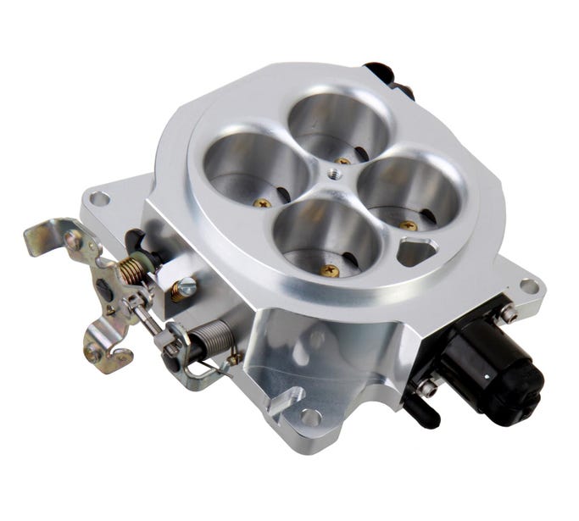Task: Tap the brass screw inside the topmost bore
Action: coord(342,160)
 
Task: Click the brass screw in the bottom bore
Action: coord(330,271)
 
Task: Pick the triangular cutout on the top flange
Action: coord(416,251)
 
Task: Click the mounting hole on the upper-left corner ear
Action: coord(99,199)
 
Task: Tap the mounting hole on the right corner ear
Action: coord(529,286)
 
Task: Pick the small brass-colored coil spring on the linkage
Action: coord(132,270)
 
